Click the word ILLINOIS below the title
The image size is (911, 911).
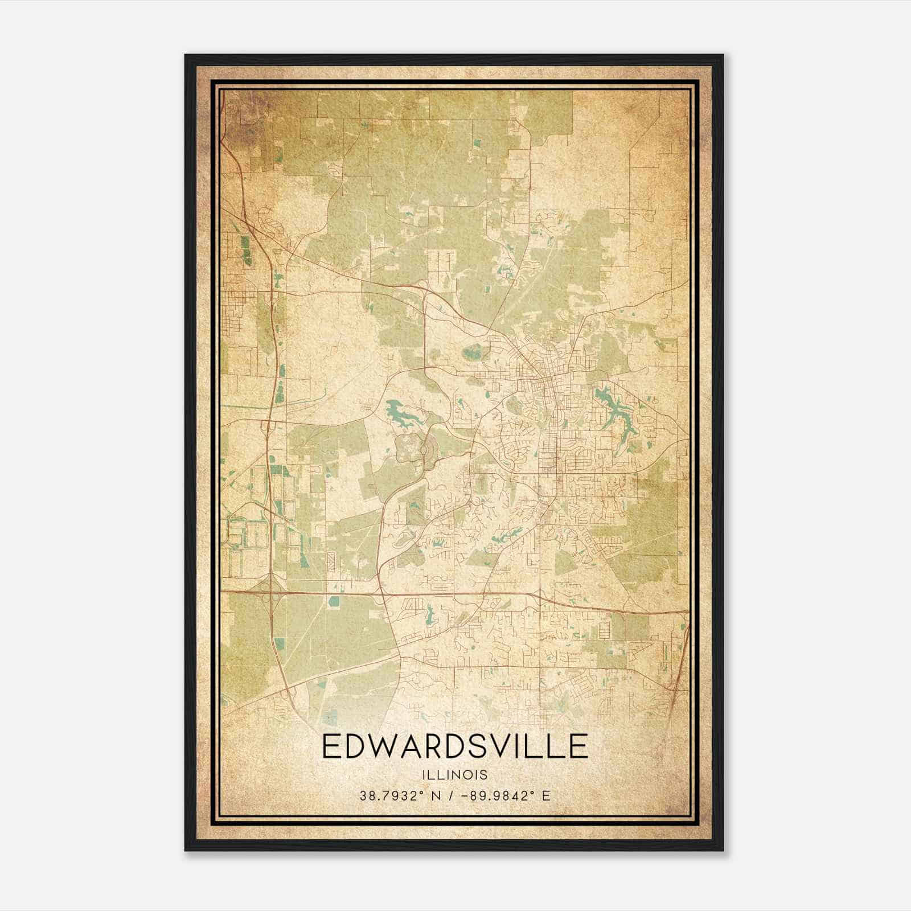[x=455, y=774]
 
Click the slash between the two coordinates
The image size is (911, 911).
[x=450, y=795]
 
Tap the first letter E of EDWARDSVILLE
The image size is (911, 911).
[x=332, y=746]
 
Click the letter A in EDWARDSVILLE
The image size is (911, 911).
[x=415, y=746]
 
